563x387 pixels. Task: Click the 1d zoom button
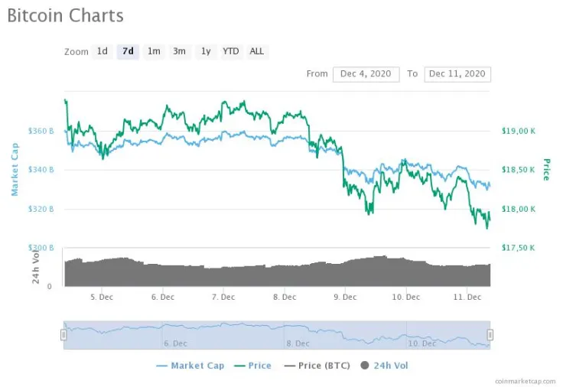102,51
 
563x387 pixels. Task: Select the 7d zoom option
128,51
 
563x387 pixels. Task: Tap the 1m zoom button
154,51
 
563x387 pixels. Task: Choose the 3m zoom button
179,51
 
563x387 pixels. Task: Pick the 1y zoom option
205,51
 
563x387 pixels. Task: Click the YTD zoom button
230,51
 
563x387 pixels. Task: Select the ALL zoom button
257,51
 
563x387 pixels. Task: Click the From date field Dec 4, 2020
366,74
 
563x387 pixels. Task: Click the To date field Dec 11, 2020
457,74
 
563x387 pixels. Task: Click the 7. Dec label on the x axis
223,297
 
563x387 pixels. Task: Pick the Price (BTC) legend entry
317,366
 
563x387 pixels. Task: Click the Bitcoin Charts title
65,15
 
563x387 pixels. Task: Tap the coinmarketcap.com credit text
526,379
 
